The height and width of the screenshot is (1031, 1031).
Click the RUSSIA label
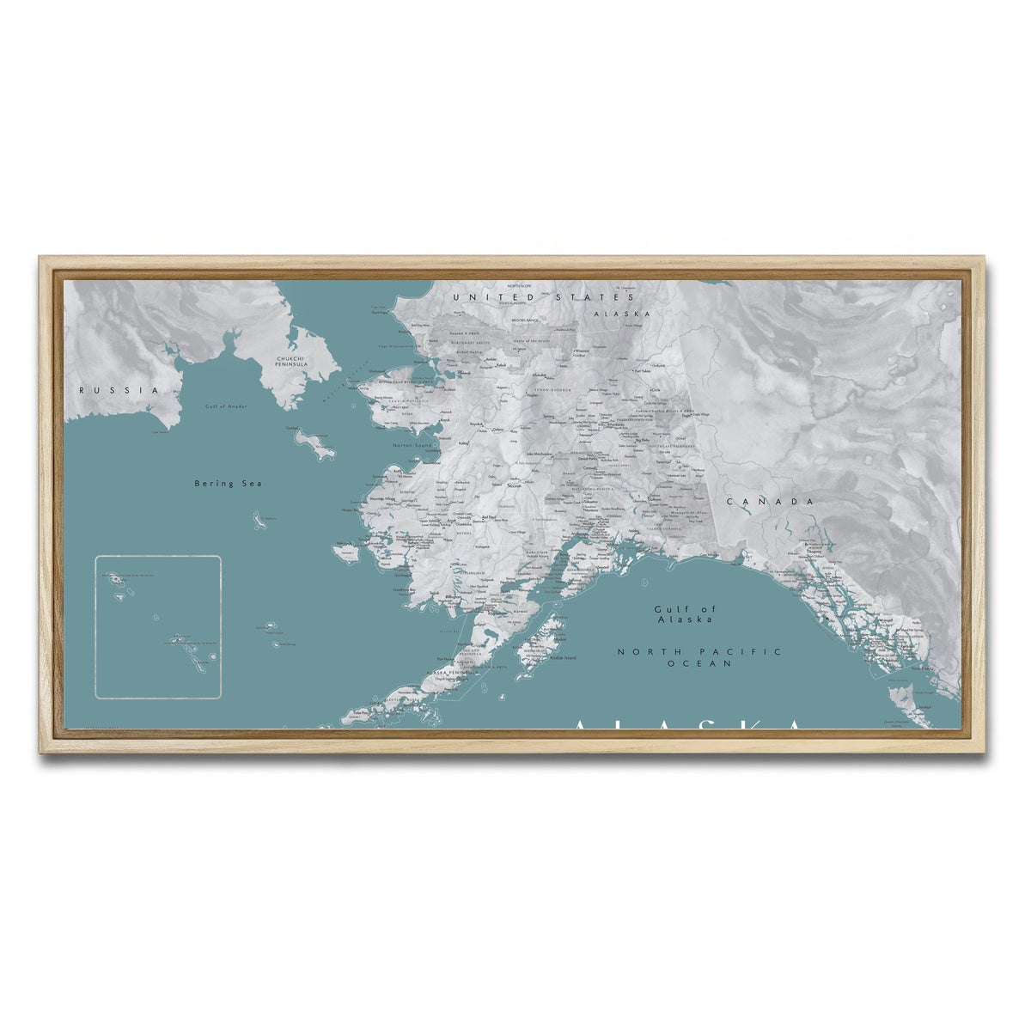119,390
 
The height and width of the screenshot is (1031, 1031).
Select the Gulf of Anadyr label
225,406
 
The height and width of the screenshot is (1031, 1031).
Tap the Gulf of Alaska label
685,613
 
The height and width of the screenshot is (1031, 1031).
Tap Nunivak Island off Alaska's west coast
346,551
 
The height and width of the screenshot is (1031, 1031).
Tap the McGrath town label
514,485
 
